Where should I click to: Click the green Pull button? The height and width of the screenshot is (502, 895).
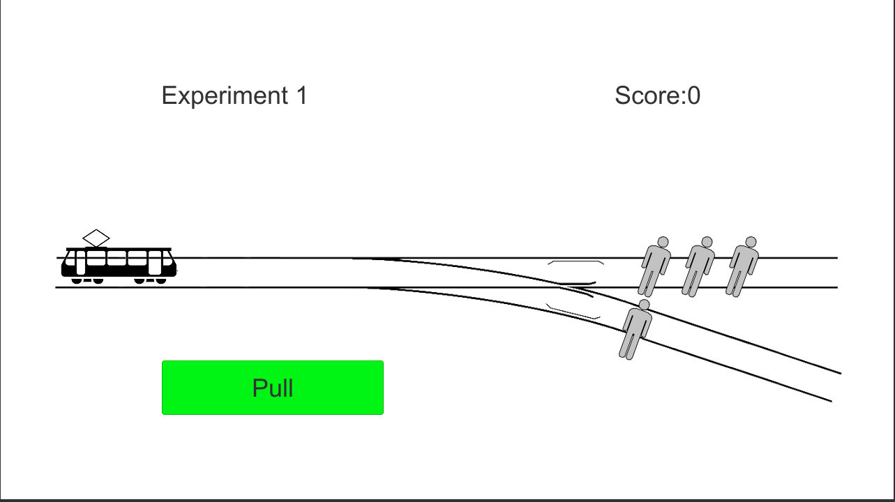point(273,388)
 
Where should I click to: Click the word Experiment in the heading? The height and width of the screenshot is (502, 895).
point(225,96)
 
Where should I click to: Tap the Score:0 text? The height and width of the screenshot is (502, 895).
point(657,96)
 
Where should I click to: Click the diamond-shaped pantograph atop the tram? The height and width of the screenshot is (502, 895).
point(96,238)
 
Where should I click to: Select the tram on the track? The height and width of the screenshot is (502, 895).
point(119,257)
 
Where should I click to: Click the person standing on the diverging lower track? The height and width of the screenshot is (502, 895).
point(635,330)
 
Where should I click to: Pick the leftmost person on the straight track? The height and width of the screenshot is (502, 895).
point(654,267)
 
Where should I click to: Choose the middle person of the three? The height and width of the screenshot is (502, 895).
point(698,267)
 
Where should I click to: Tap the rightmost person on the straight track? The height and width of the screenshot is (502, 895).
point(742,267)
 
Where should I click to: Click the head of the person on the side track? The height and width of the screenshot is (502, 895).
point(644,305)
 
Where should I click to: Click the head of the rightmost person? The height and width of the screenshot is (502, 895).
point(751,242)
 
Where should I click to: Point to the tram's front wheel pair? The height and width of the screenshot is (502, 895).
point(150,281)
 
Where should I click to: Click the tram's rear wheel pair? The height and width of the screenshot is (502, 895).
point(87,281)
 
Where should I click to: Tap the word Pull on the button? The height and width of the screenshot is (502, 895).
point(273,388)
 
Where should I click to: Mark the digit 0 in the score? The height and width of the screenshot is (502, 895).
point(694,96)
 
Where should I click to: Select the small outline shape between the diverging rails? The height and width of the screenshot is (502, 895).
point(573,312)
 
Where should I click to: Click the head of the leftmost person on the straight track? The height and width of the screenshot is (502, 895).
point(663,242)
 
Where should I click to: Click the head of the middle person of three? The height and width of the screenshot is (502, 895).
point(707,242)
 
